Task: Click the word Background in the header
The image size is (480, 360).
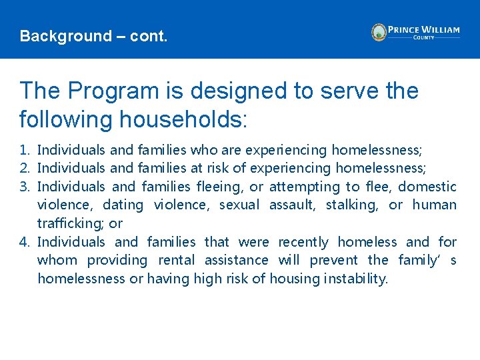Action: tap(56, 36)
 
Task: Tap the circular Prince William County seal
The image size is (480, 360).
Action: tap(379, 32)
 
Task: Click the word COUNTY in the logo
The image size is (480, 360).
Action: tap(423, 38)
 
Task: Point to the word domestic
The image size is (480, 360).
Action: tap(431, 187)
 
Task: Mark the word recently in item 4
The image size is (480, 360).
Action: tap(303, 242)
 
